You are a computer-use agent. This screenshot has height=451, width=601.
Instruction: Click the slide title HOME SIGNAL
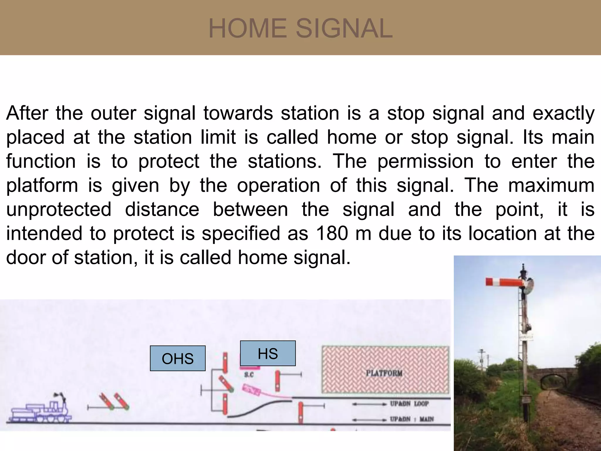[x=300, y=28]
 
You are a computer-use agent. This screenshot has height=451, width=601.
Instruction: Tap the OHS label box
[x=178, y=358]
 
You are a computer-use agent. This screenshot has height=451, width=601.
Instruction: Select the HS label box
[x=268, y=353]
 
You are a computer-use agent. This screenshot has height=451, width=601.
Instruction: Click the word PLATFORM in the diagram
[x=384, y=373]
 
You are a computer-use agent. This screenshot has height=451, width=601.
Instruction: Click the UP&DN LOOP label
[x=409, y=404]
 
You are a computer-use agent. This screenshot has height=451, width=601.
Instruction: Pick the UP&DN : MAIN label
[x=411, y=419]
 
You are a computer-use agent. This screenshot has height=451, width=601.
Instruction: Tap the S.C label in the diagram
[x=249, y=375]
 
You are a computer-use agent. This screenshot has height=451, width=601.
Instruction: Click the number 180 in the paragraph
[x=333, y=233]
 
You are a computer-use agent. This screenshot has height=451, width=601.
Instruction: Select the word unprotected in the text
[x=59, y=210]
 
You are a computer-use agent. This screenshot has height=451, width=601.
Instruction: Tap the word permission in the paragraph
[x=425, y=161]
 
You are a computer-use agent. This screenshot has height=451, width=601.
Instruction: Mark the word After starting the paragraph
[x=27, y=113]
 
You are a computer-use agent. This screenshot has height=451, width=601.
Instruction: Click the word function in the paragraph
[x=41, y=161]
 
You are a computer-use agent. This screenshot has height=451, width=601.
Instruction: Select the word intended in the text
[x=44, y=233]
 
